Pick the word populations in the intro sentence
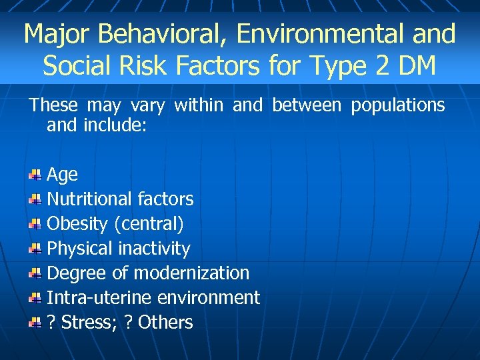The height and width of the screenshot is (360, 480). (398, 105)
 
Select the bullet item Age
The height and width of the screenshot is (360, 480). (63, 175)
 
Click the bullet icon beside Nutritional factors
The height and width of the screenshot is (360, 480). (35, 199)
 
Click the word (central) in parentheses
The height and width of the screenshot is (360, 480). (149, 224)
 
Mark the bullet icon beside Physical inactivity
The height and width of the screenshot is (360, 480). (35, 249)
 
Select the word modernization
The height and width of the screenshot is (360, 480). (191, 273)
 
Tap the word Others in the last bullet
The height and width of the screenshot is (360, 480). (165, 323)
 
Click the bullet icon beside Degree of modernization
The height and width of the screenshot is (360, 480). (35, 273)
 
